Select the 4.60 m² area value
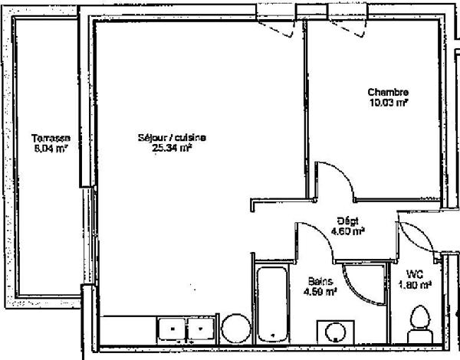347,231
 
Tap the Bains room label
320,281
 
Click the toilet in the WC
419,322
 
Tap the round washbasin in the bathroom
335,332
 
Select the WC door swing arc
415,237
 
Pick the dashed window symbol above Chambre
350,26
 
